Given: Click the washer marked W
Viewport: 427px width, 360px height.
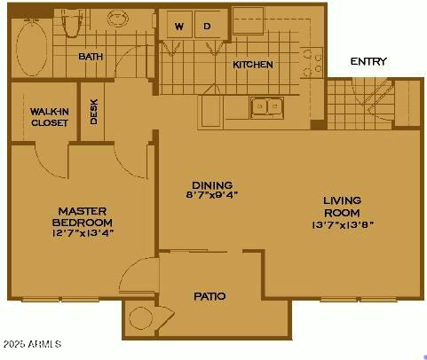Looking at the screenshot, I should pos(178,27).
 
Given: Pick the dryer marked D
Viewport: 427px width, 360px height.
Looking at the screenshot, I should pos(207,27).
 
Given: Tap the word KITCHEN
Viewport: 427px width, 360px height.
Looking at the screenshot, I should pos(253,65).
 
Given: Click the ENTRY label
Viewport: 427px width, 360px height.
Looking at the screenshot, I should pos(368,61).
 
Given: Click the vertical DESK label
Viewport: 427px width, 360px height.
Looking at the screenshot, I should pos(94,111).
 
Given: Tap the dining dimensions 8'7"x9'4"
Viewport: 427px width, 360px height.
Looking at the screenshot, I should pos(212,194).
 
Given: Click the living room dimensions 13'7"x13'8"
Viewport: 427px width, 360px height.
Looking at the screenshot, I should pos(341,224).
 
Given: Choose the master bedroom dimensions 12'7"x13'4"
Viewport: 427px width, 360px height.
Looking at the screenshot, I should pos(83,232).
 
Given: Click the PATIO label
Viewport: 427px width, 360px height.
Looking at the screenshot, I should pos(210,295).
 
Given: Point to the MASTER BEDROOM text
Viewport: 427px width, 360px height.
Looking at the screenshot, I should pos(83,215).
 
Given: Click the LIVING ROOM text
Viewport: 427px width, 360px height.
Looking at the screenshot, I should pos(342,207).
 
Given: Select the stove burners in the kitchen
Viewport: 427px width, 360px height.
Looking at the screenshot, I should pos(310,62).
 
